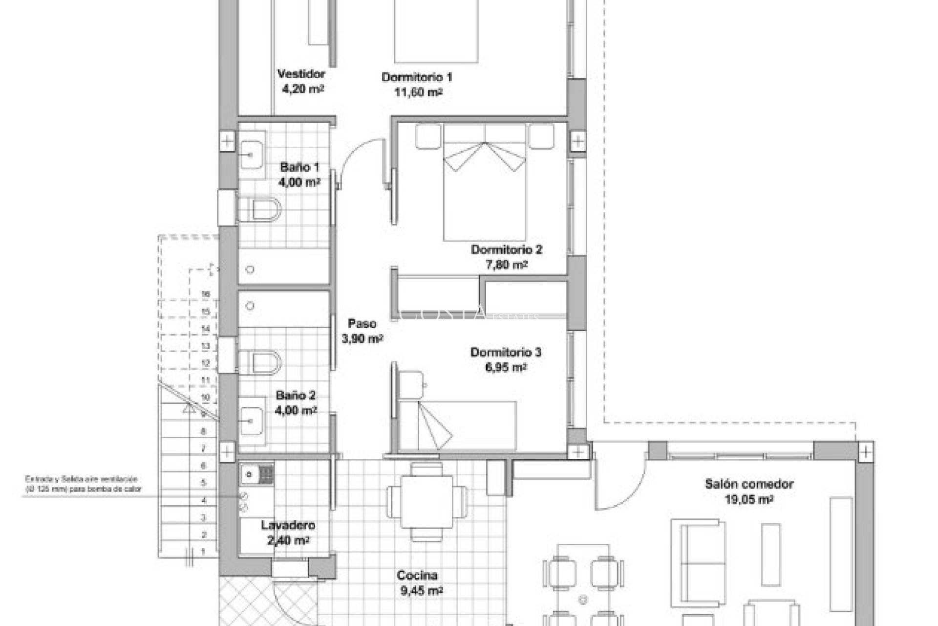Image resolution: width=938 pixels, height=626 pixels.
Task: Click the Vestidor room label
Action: click(x=301, y=74)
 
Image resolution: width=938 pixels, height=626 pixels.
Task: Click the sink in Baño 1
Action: click(x=251, y=155)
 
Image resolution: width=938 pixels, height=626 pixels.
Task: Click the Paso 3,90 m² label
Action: click(x=362, y=331)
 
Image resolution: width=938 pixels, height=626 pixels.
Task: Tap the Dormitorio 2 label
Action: click(x=506, y=250)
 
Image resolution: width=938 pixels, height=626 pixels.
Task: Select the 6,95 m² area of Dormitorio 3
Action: click(x=506, y=367)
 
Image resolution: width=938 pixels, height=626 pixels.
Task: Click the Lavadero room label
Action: click(x=288, y=526)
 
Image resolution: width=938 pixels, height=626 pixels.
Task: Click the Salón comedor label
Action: click(x=748, y=484)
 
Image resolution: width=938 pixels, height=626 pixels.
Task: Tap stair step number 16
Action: click(x=205, y=294)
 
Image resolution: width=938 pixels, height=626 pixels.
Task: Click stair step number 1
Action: click(x=204, y=551)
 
